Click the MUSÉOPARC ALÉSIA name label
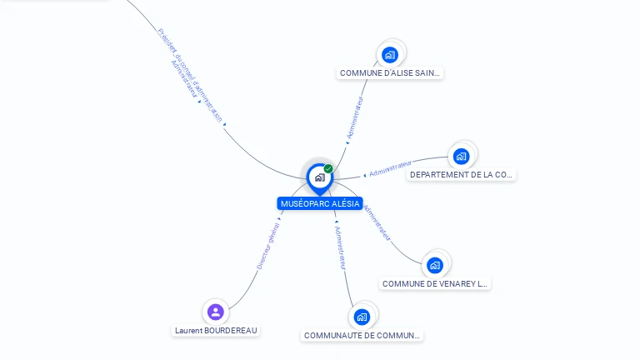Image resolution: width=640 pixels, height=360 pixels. [x=320, y=203]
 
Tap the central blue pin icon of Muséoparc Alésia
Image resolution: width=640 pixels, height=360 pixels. [x=320, y=177]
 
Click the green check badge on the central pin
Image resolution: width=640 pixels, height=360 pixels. [x=328, y=168]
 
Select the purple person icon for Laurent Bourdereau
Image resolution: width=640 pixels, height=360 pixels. [x=216, y=312]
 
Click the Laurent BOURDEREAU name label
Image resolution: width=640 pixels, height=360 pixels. [x=217, y=330]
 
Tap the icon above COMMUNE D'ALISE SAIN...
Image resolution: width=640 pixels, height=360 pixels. [x=389, y=55]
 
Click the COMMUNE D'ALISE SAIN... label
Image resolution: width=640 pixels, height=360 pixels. [x=390, y=73]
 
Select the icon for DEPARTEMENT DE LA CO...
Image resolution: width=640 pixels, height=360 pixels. [x=461, y=156]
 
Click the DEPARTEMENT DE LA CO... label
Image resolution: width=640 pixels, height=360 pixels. [x=462, y=175]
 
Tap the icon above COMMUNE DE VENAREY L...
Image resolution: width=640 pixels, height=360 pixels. [x=434, y=265]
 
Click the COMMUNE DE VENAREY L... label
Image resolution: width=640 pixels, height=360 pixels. [x=435, y=283]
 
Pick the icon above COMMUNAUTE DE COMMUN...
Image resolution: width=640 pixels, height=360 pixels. [x=362, y=317]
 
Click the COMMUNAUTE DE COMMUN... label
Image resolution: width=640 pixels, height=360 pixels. [x=362, y=335]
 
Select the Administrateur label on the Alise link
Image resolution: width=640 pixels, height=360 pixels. [x=355, y=117]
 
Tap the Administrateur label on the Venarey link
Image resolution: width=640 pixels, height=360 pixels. [x=377, y=222]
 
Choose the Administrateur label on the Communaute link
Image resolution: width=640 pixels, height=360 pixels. [x=339, y=247]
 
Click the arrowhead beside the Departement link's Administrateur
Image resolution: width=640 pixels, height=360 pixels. [x=364, y=176]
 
